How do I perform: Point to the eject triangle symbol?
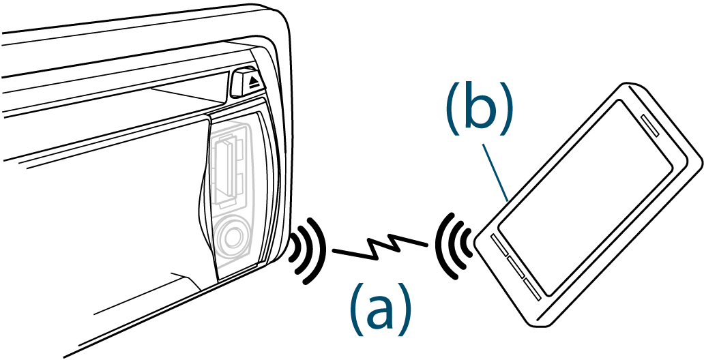click(x=253, y=82)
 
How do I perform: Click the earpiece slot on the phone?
click(x=657, y=129)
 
